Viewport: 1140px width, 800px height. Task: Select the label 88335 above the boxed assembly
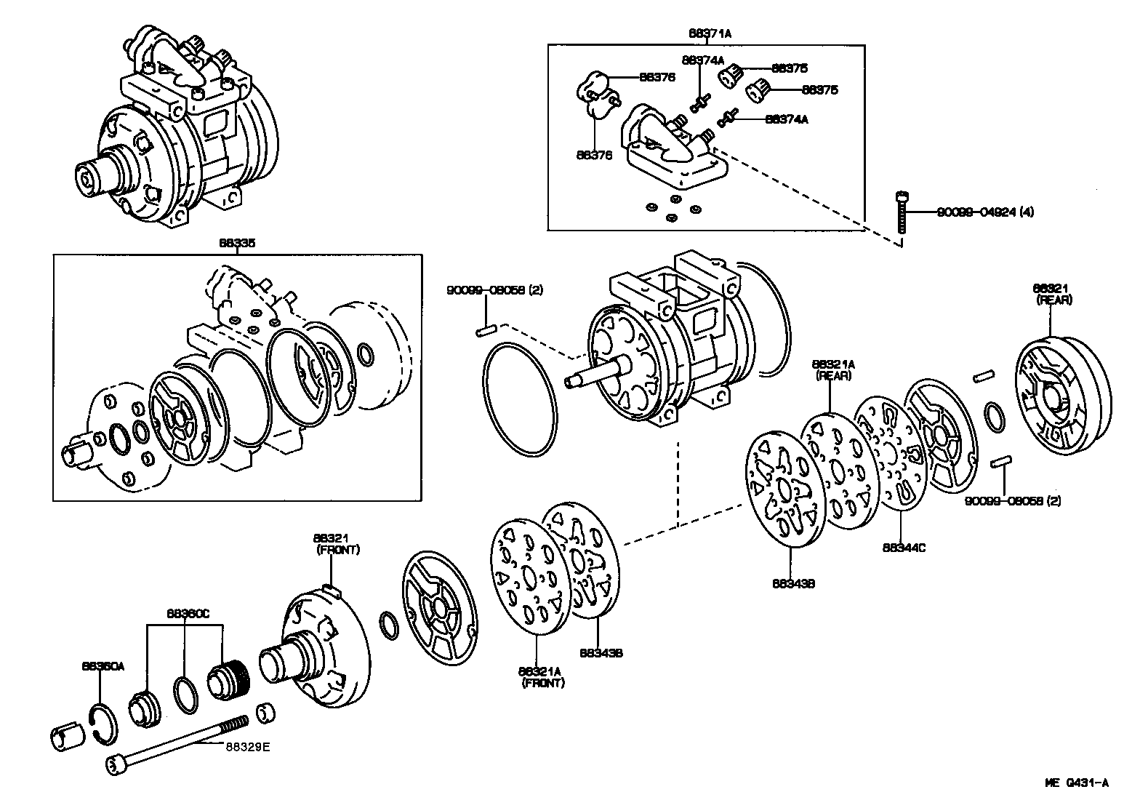[x=237, y=244]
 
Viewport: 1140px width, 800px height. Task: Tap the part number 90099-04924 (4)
[x=985, y=212]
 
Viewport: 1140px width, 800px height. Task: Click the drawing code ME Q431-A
[x=1077, y=783]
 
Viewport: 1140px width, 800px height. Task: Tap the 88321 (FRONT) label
[x=337, y=543]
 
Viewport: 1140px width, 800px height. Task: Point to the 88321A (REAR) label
[x=833, y=369]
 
